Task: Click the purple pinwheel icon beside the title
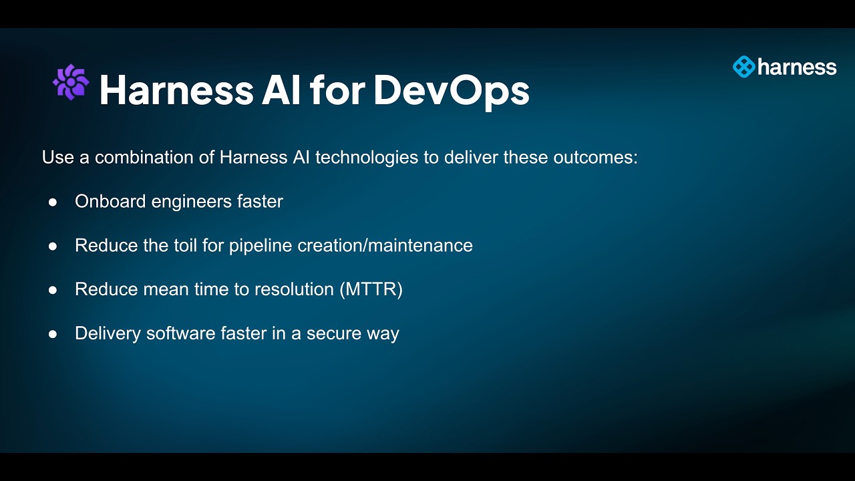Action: [x=71, y=82]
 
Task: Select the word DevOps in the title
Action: [x=451, y=90]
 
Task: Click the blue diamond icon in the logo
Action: [x=743, y=67]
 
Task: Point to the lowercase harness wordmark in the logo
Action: [x=797, y=67]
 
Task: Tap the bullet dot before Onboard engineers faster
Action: [x=53, y=202]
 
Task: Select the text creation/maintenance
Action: [x=385, y=245]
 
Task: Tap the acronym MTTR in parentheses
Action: [x=371, y=289]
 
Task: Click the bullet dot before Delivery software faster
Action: [x=53, y=334]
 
